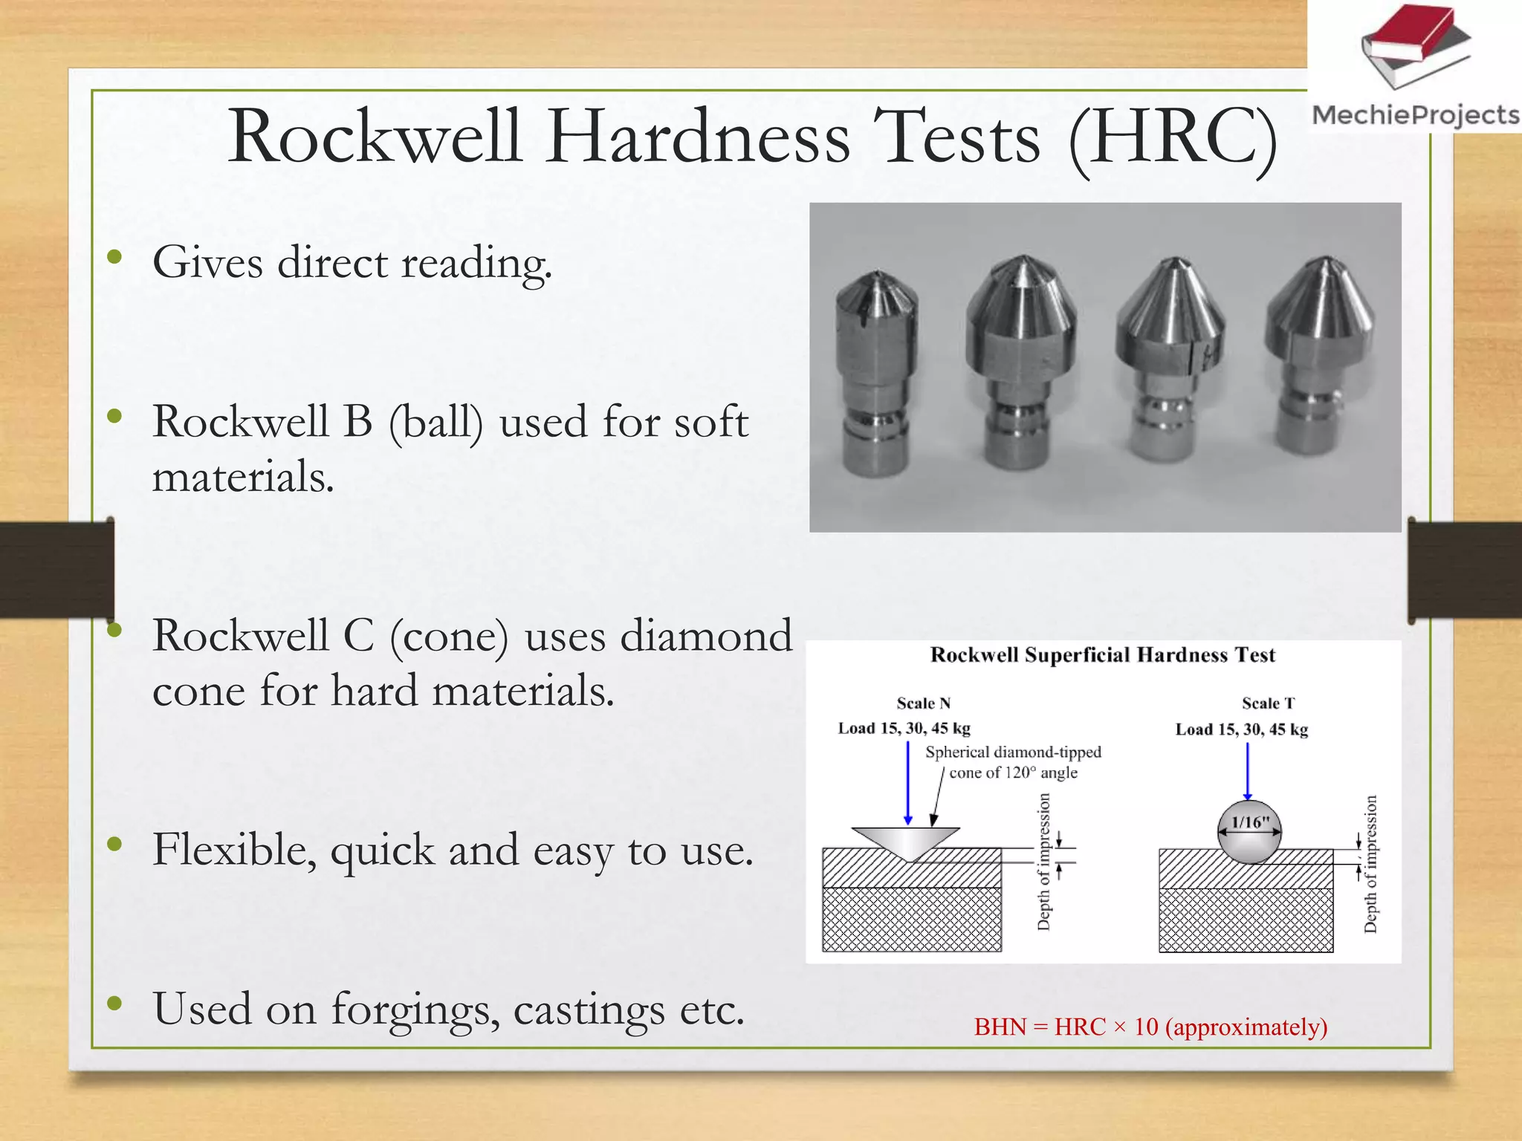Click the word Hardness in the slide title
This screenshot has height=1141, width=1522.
698,137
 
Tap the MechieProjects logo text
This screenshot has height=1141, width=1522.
1416,115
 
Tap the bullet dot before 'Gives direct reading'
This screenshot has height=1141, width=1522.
114,257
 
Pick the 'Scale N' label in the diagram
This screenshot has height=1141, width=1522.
923,703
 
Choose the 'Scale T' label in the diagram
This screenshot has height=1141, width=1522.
1268,703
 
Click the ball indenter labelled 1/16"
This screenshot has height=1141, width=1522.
1250,831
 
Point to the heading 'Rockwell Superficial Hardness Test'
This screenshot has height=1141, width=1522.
1102,655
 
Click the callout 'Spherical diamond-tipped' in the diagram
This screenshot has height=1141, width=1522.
1013,752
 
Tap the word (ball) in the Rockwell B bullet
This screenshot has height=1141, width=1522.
435,422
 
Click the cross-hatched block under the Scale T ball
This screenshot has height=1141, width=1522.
1246,920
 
